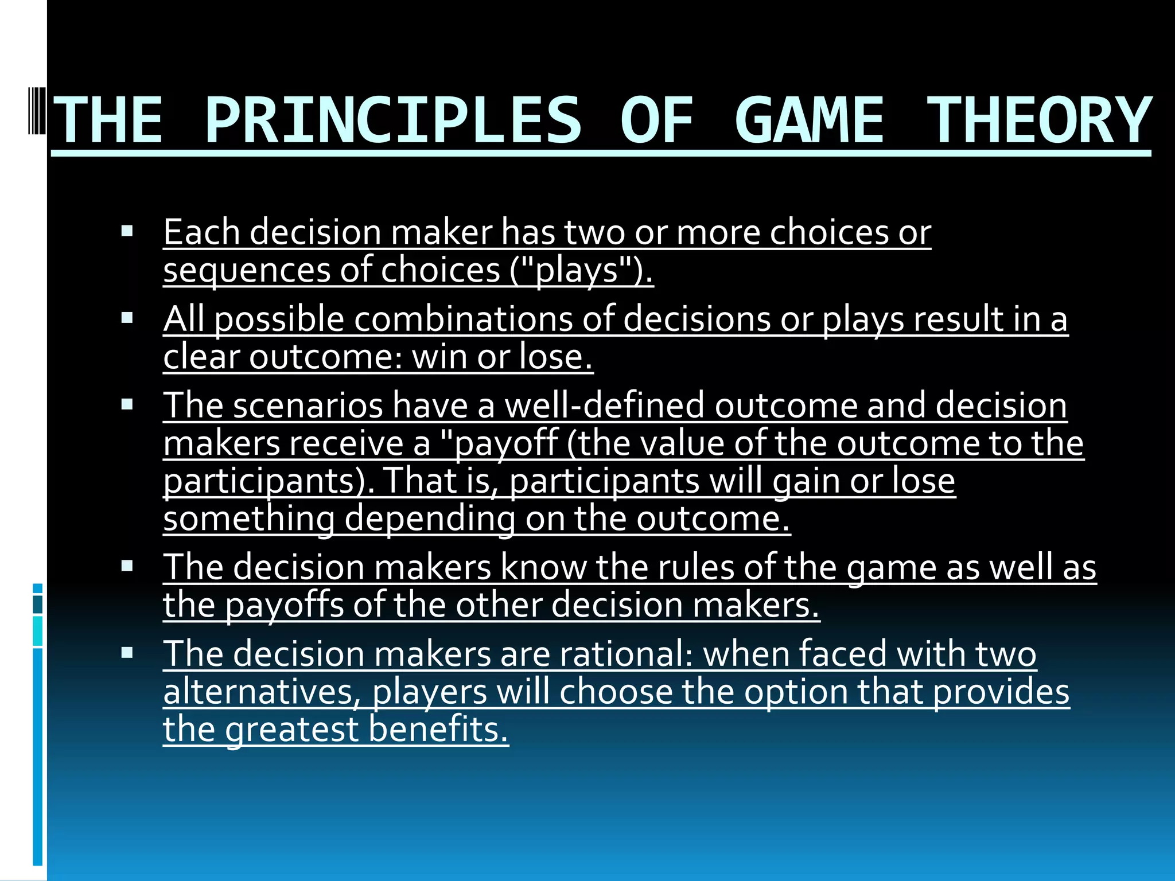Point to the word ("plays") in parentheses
coord(581,270)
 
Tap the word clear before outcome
coord(201,357)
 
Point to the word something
coord(248,519)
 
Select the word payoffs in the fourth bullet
coord(284,605)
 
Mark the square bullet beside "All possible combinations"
coord(127,318)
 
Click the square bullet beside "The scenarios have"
coord(127,404)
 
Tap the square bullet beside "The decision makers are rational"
coord(127,653)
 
